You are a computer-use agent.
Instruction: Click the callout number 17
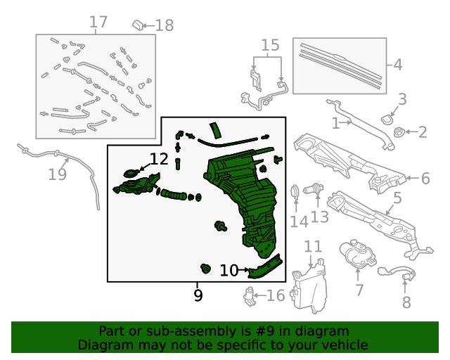pyautogui.click(x=98, y=22)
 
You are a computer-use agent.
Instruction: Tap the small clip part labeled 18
pyautogui.click(x=138, y=25)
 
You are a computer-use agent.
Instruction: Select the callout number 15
pyautogui.click(x=270, y=45)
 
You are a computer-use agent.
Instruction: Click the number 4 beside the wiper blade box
pyautogui.click(x=397, y=65)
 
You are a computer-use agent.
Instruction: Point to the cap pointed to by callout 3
pyautogui.click(x=387, y=120)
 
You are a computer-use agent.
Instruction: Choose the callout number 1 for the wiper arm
pyautogui.click(x=335, y=124)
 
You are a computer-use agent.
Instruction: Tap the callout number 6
pyautogui.click(x=425, y=179)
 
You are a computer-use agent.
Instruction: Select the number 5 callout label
pyautogui.click(x=397, y=198)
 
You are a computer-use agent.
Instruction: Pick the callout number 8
pyautogui.click(x=406, y=302)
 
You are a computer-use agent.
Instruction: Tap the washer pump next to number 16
pyautogui.click(x=250, y=296)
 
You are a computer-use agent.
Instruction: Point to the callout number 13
pyautogui.click(x=319, y=217)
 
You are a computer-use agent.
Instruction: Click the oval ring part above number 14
pyautogui.click(x=295, y=192)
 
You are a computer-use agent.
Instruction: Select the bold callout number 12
pyautogui.click(x=159, y=159)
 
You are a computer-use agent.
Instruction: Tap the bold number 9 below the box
pyautogui.click(x=198, y=295)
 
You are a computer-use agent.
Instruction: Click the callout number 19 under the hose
pyautogui.click(x=58, y=174)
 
